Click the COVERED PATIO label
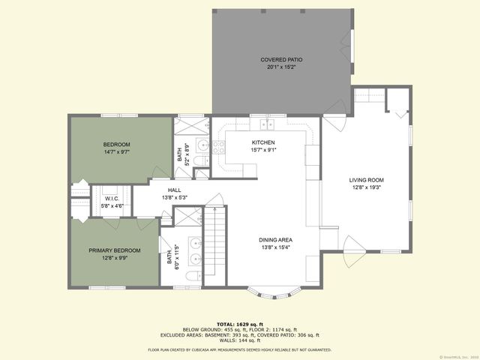(x=281, y=59)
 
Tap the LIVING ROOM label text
(x=366, y=180)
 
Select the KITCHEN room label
(x=263, y=142)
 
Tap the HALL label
(x=175, y=190)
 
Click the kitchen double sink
(x=267, y=124)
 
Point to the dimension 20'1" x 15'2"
(x=281, y=67)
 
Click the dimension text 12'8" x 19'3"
(x=366, y=188)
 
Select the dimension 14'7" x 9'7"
(x=117, y=152)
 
